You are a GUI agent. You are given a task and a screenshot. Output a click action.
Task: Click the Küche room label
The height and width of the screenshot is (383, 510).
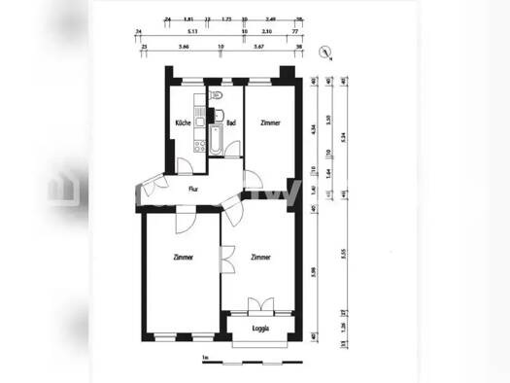(182, 123)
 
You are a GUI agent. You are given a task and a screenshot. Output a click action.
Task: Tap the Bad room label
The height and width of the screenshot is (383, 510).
(231, 123)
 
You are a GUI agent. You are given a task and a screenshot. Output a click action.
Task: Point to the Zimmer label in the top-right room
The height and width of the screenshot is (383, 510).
(272, 123)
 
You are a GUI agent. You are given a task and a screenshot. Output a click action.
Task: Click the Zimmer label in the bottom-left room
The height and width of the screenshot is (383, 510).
(182, 258)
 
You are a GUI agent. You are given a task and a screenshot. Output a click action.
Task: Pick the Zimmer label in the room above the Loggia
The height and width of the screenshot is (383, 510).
(260, 258)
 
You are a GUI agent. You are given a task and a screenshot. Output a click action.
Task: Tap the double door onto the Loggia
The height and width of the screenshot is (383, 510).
(260, 306)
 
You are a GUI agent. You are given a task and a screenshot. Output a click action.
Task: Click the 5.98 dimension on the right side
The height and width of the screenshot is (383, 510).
(312, 270)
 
